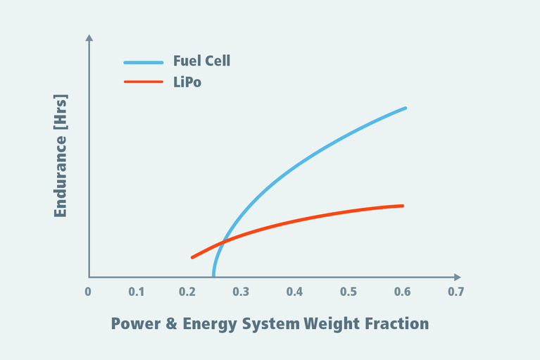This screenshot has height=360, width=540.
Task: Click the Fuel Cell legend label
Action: (x=201, y=61)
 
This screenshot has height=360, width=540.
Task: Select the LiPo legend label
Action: (x=188, y=82)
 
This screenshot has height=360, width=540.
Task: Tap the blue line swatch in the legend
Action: (x=144, y=61)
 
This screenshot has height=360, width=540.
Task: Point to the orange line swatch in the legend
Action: (x=144, y=82)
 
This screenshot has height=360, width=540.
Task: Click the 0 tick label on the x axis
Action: (x=88, y=291)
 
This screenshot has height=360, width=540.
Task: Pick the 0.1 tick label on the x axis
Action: (x=137, y=291)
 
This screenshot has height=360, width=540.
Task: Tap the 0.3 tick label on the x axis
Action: (x=240, y=291)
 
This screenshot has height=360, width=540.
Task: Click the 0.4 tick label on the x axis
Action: (x=294, y=291)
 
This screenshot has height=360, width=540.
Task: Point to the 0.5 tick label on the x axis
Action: (x=347, y=291)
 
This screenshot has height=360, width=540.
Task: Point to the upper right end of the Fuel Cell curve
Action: (x=406, y=108)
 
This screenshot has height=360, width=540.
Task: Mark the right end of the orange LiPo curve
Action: (x=403, y=206)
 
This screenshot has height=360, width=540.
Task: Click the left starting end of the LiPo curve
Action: (x=191, y=257)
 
